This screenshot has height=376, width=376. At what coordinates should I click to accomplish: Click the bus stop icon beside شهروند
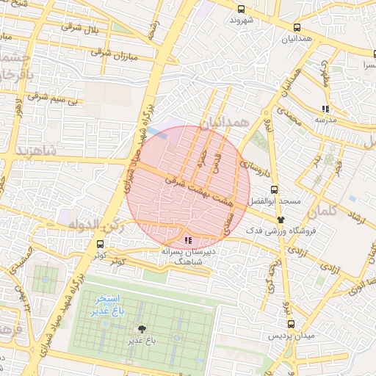(242, 10)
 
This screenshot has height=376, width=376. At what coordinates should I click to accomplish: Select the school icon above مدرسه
(325, 108)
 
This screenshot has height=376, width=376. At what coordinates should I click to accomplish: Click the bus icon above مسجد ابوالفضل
(274, 189)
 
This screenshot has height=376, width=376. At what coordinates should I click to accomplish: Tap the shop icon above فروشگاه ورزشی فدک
(281, 219)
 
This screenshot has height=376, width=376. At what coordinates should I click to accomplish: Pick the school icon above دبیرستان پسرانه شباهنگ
(189, 239)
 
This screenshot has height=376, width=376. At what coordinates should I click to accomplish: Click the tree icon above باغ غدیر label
(142, 329)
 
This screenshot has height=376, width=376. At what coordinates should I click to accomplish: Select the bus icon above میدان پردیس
(292, 324)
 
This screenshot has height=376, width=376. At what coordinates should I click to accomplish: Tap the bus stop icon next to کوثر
(100, 245)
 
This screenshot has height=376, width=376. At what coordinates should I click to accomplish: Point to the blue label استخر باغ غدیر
(108, 305)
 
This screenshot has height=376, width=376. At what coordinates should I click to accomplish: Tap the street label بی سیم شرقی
(52, 97)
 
